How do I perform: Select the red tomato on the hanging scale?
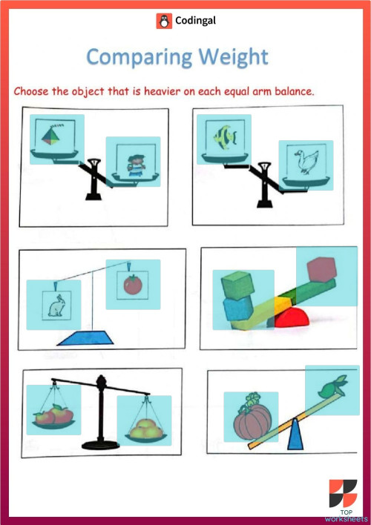pyautogui.click(x=132, y=285)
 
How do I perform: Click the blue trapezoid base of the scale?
pyautogui.click(x=86, y=339)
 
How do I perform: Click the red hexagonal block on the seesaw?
pyautogui.click(x=321, y=268)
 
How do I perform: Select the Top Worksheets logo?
pyautogui.click(x=344, y=498)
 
